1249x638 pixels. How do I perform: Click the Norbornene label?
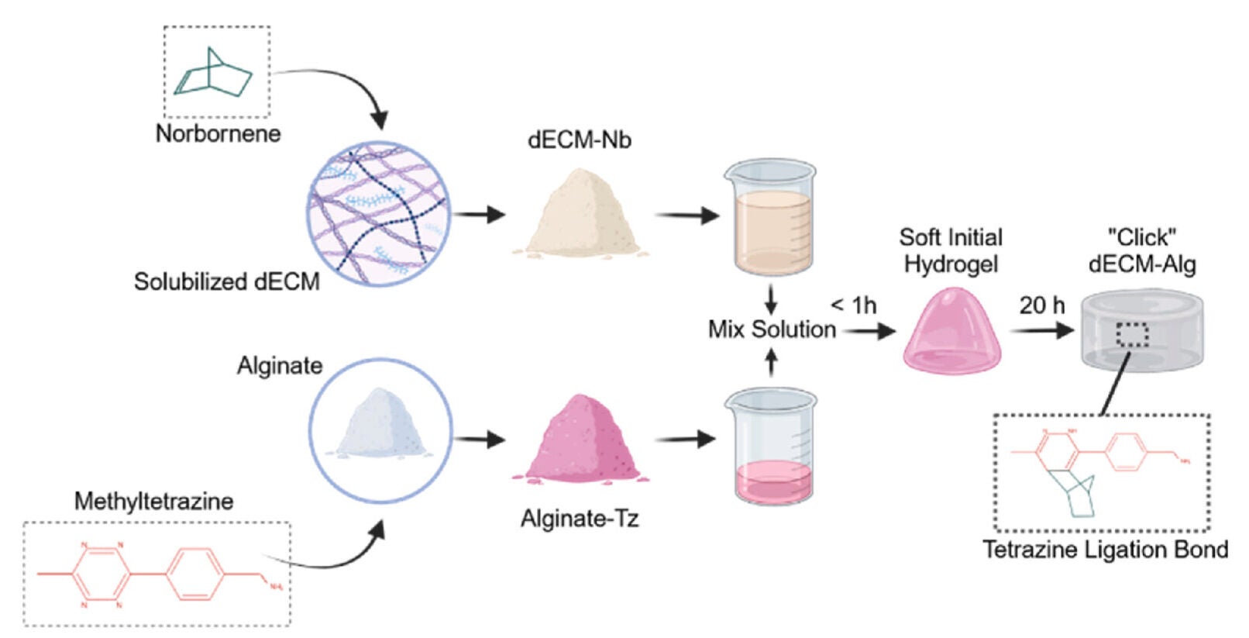(218, 133)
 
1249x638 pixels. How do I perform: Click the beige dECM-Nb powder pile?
(580, 214)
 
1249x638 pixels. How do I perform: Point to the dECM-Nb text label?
(579, 140)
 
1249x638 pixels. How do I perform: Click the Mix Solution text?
(772, 329)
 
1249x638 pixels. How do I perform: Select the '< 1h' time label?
(854, 305)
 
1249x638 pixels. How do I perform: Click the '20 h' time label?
(1041, 305)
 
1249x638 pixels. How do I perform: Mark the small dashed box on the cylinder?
(1132, 334)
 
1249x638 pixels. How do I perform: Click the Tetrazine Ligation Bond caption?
(1105, 550)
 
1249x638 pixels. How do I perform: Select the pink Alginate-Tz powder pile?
(579, 440)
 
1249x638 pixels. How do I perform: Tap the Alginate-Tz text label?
(580, 519)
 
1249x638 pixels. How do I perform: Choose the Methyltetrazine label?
(153, 502)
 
